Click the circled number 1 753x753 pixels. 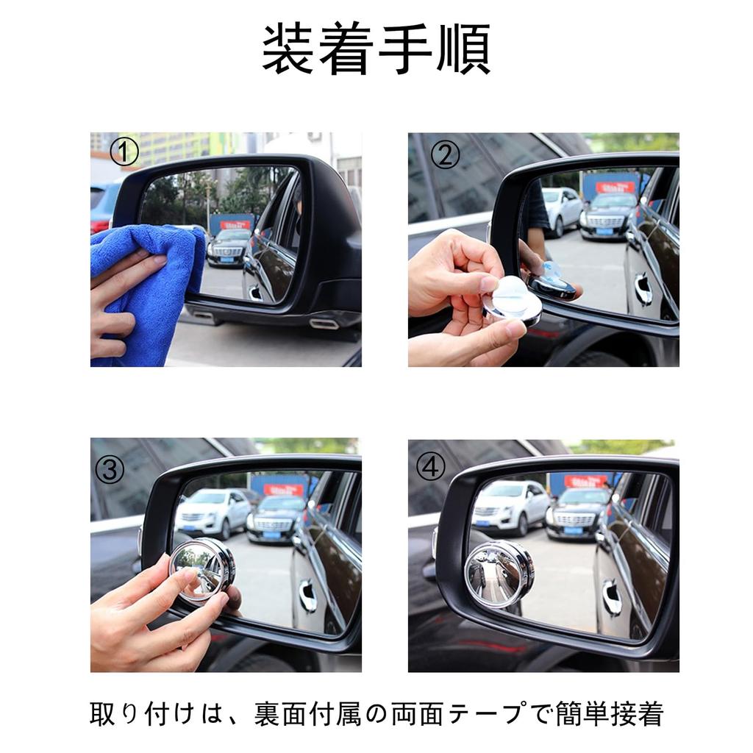(x=124, y=153)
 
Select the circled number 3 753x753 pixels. (x=109, y=469)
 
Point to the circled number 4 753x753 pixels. (x=430, y=466)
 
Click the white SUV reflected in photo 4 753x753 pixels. (x=510, y=506)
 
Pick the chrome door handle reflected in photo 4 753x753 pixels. (x=612, y=596)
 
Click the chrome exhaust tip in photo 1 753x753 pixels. (x=324, y=324)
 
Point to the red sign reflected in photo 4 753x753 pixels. (x=586, y=481)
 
